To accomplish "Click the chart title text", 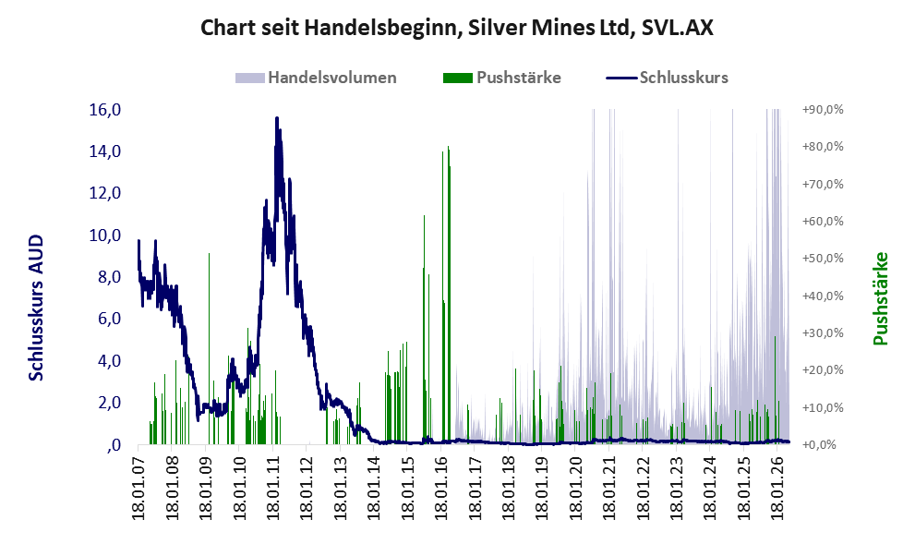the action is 457,28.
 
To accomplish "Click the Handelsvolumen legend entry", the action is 316,78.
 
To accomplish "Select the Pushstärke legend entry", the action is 502,78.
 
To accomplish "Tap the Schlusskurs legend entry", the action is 667,78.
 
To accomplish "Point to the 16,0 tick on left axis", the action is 104,110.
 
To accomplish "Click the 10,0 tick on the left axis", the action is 104,236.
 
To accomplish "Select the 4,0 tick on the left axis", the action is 109,361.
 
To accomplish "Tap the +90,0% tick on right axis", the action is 823,110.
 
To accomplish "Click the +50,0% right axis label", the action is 823,259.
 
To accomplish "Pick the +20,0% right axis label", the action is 823,370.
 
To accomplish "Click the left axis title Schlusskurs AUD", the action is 37,308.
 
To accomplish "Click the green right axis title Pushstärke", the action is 881,298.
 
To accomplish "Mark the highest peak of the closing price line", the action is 277,118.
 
